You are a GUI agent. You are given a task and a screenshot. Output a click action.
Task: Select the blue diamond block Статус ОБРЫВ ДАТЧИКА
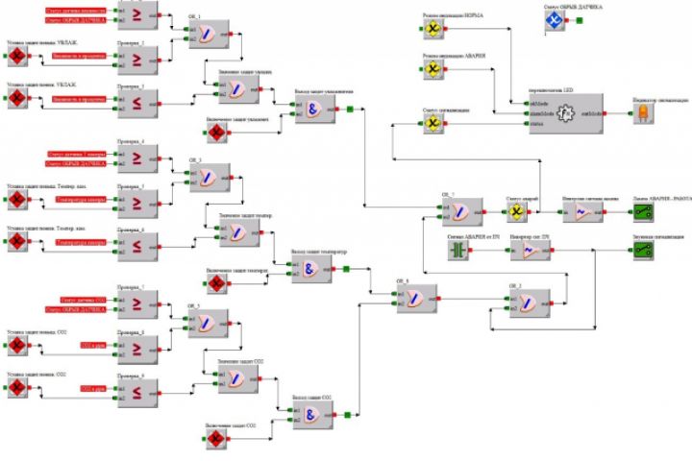point(553,20)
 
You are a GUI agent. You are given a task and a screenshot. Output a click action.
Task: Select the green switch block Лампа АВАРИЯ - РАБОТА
point(641,213)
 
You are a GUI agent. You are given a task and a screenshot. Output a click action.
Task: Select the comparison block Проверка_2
point(137,57)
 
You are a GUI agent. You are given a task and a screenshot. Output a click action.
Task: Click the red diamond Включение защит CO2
point(216,439)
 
